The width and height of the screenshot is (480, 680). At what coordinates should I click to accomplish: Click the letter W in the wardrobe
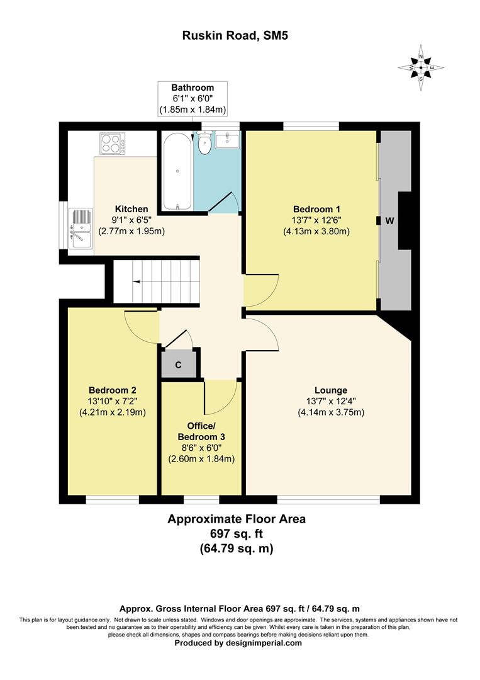[389, 221]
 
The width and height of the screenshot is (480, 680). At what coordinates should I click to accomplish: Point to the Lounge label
[331, 390]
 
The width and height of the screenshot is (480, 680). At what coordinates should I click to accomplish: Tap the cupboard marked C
[178, 365]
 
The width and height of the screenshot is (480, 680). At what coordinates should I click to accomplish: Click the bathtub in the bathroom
[177, 171]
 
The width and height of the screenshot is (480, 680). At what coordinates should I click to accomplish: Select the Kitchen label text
[131, 209]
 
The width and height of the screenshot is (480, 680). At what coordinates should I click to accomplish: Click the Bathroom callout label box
[193, 99]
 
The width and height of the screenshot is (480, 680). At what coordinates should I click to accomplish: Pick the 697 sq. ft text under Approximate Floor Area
[236, 534]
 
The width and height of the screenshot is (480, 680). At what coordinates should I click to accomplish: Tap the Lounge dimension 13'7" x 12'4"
[331, 401]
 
